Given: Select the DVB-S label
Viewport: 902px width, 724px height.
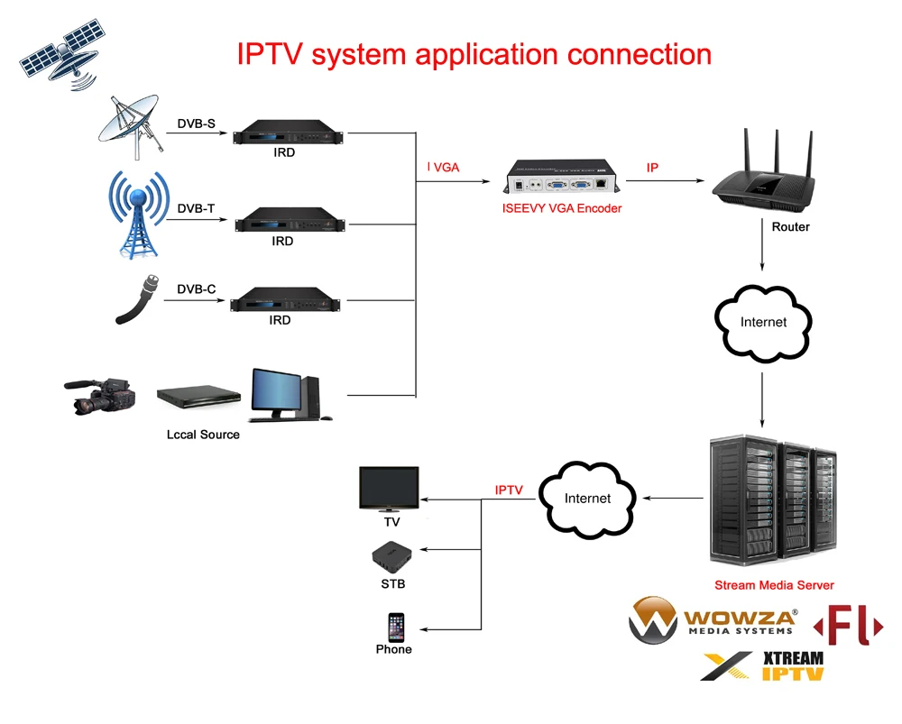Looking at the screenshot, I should pyautogui.click(x=196, y=124).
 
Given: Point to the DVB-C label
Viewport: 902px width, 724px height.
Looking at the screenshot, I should pyautogui.click(x=196, y=289).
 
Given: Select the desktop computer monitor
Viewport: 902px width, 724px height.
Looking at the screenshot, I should pyautogui.click(x=278, y=392).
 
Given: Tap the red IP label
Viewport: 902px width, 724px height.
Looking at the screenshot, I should pyautogui.click(x=652, y=169).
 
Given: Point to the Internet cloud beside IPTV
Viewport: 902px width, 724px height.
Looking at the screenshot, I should pyautogui.click(x=587, y=497).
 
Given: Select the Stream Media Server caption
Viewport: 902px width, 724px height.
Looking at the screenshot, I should pyautogui.click(x=774, y=585).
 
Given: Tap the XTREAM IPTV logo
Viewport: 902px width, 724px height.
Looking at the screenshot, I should pyautogui.click(x=763, y=665).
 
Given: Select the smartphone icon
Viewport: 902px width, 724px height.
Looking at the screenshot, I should pyautogui.click(x=396, y=627).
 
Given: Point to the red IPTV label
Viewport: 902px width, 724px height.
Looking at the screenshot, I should pyautogui.click(x=509, y=490).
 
